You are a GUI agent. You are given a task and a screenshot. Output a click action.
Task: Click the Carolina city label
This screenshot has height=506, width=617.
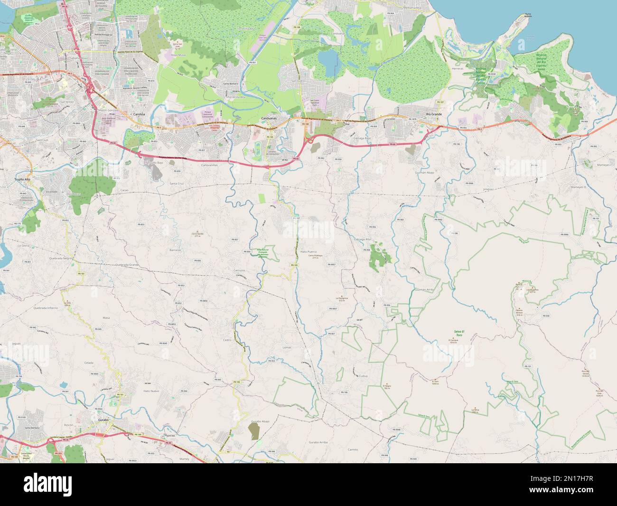click(x=139, y=115)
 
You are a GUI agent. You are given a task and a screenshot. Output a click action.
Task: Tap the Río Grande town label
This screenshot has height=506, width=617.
click(x=434, y=115)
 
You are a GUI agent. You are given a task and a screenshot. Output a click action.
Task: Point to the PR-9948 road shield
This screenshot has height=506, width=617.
click(x=397, y=430)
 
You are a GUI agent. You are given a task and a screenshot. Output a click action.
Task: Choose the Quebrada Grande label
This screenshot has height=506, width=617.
click(x=127, y=264)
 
